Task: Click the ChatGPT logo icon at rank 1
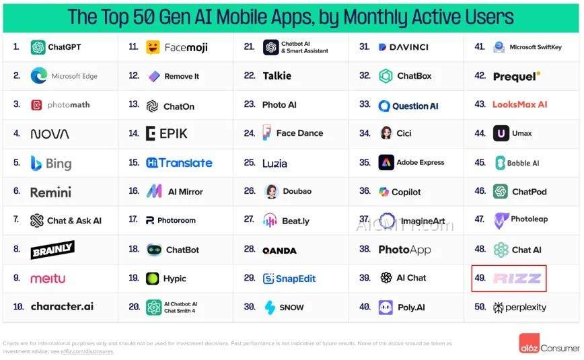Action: click(x=38, y=47)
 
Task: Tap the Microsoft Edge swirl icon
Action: click(x=38, y=76)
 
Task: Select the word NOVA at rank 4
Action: click(x=50, y=134)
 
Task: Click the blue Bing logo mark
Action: click(x=36, y=163)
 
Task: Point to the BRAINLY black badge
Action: click(x=52, y=250)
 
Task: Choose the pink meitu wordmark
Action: click(x=48, y=279)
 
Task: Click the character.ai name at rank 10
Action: click(x=62, y=307)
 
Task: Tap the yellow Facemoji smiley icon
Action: click(x=153, y=47)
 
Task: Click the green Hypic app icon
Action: click(x=153, y=279)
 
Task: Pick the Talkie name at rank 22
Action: click(x=277, y=76)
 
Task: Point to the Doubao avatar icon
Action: click(x=271, y=191)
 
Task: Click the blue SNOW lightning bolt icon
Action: click(x=270, y=308)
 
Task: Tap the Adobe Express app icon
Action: click(x=386, y=162)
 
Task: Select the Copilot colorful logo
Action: click(x=384, y=192)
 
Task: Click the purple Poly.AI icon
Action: click(x=386, y=308)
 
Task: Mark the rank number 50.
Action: click(x=480, y=308)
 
